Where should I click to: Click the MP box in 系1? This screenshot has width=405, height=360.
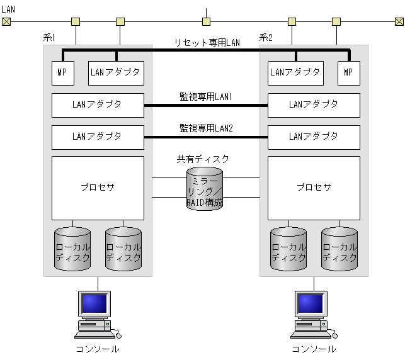tap(62, 73)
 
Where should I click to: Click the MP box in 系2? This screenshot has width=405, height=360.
tap(348, 73)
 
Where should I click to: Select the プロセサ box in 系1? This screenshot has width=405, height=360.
tap(98, 188)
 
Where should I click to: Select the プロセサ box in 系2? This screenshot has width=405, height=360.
tap(314, 188)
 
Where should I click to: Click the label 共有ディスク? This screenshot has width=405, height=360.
tap(203, 159)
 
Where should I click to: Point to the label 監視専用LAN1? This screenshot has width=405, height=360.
tap(206, 97)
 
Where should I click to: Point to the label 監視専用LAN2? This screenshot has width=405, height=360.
tap(206, 128)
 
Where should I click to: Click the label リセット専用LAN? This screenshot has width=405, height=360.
tap(207, 43)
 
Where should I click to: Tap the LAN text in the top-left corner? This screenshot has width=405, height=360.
tap(8, 9)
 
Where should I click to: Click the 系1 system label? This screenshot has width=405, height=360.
tap(50, 38)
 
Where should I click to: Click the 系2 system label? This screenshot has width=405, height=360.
tap(266, 38)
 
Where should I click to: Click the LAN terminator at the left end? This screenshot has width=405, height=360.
tap(6, 22)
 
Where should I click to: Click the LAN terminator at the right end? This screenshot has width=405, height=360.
tap(399, 22)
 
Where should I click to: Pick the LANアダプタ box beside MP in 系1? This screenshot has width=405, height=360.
tap(117, 73)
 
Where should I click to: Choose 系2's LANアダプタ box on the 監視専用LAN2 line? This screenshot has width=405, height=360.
tap(314, 136)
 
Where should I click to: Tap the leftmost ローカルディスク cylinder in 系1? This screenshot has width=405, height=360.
tap(72, 250)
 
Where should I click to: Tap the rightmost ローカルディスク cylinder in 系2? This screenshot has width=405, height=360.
tap(339, 250)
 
